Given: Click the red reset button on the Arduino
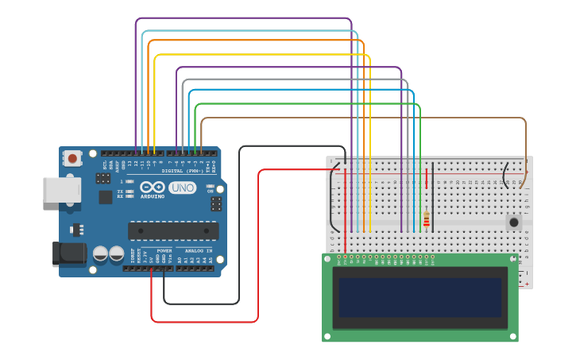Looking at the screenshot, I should (x=73, y=158).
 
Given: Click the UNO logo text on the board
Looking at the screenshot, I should (x=182, y=188).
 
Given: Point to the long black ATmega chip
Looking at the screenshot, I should (x=173, y=230).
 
